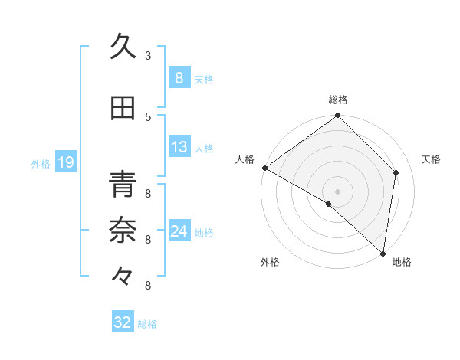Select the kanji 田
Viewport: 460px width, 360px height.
(123, 108)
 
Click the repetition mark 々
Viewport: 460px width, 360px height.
(123, 275)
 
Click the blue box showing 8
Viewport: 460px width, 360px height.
(179, 77)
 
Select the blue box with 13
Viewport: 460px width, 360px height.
(179, 147)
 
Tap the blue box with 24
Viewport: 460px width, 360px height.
(179, 231)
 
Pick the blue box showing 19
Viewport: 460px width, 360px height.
(65, 162)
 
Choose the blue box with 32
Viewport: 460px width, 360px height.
(123, 322)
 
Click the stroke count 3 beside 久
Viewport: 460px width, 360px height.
(147, 55)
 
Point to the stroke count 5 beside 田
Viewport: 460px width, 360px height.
(147, 116)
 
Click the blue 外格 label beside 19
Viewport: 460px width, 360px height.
(41, 163)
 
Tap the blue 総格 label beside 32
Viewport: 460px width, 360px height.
(147, 324)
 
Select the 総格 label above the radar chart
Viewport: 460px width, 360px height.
(338, 100)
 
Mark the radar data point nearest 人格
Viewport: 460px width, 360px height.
(265, 168)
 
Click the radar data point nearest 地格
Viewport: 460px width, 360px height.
(383, 254)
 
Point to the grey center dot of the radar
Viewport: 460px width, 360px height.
(337, 190)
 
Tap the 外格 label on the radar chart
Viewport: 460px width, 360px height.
(270, 262)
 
